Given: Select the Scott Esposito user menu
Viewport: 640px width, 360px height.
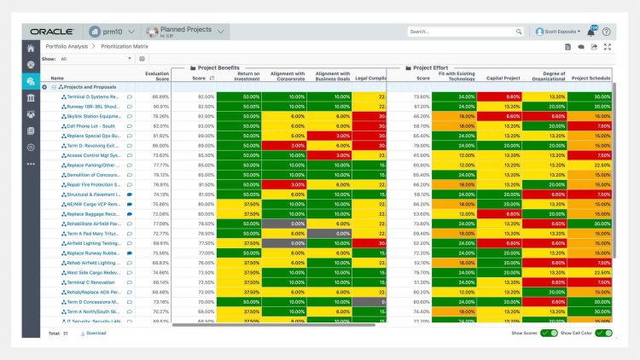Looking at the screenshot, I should (x=564, y=32).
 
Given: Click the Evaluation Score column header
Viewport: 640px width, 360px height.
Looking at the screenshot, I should (x=156, y=76).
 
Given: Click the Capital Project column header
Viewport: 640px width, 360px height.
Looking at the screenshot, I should (x=503, y=78).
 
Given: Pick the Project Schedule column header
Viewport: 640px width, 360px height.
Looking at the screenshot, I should (x=590, y=78).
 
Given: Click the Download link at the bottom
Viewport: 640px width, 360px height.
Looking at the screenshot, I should (x=93, y=333).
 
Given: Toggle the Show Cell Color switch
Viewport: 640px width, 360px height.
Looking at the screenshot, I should (x=603, y=333).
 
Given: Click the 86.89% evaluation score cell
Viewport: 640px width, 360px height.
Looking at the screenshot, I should (x=160, y=97).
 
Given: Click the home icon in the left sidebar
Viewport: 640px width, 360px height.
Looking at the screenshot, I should (x=31, y=48).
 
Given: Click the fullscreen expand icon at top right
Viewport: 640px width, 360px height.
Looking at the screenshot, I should (x=607, y=47).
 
